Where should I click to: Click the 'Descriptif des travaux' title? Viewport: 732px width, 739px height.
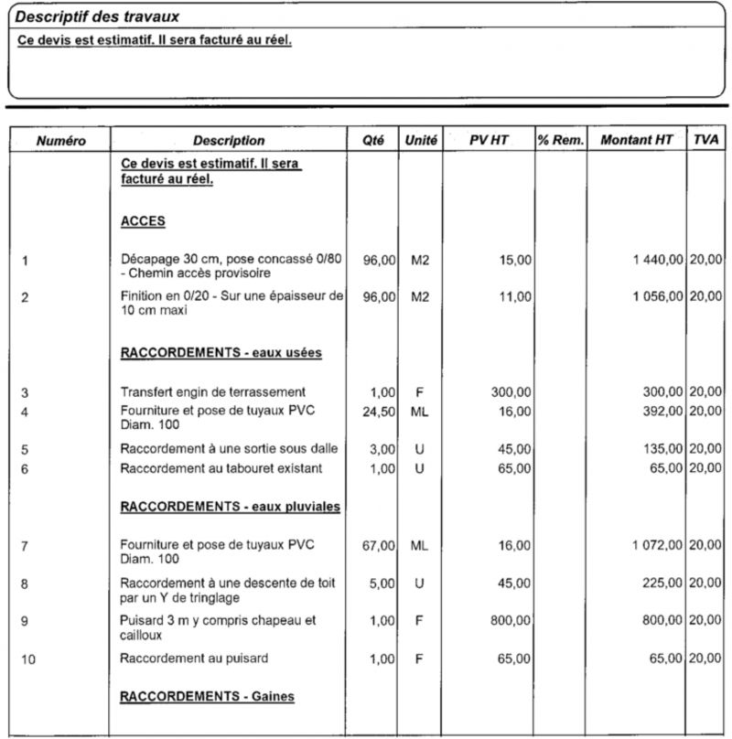click(98, 16)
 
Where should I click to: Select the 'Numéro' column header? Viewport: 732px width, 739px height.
click(60, 140)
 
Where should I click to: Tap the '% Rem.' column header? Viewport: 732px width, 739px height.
click(560, 140)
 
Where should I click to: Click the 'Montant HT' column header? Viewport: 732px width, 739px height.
click(636, 140)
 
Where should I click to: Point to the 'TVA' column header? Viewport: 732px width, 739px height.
click(705, 140)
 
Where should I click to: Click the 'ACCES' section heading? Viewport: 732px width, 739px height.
click(143, 221)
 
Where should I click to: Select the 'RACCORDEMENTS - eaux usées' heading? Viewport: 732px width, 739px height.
click(221, 352)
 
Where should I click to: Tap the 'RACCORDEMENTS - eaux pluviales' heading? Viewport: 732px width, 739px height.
click(231, 506)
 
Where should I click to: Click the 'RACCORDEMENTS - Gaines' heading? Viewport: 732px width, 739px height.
click(208, 697)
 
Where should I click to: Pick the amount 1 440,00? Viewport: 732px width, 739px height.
click(657, 260)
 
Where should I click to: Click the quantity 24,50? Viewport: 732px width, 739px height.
click(379, 412)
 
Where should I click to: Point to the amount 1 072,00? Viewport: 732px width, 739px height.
click(657, 545)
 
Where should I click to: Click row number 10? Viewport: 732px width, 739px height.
click(28, 659)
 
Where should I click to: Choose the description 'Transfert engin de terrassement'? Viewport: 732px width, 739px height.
click(213, 392)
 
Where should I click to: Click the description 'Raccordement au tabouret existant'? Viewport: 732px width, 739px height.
click(220, 468)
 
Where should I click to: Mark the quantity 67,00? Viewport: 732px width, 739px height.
click(379, 545)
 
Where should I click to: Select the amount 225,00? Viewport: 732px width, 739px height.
click(662, 583)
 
